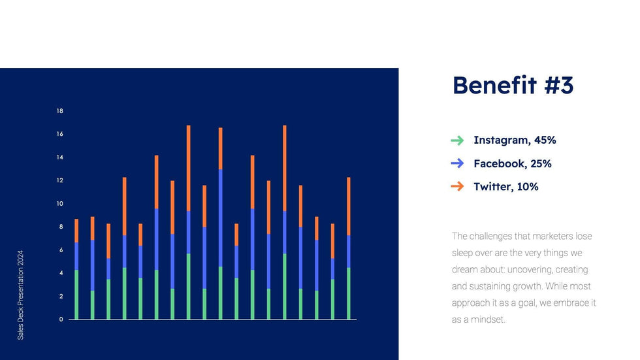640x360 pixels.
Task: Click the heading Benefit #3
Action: click(x=513, y=86)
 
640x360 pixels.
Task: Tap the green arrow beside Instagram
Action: click(x=457, y=140)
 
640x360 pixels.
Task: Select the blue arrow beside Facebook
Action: click(x=457, y=163)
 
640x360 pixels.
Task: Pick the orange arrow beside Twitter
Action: click(x=457, y=186)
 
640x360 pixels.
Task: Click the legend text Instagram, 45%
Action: click(x=515, y=140)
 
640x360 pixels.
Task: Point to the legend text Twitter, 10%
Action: click(x=505, y=187)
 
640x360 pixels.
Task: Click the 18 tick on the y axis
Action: click(x=60, y=111)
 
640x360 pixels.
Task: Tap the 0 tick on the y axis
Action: click(x=61, y=319)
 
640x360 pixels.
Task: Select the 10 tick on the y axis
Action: click(x=60, y=204)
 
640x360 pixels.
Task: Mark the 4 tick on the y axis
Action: click(x=61, y=273)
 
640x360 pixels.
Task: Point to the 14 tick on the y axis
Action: click(x=60, y=157)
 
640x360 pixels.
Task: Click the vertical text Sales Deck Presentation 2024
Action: click(x=20, y=295)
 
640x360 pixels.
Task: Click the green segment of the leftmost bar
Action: click(x=76, y=295)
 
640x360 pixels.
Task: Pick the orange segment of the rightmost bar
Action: click(x=349, y=206)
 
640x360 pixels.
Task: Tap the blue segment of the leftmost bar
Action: click(x=76, y=256)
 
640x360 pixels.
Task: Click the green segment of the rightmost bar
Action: click(x=349, y=293)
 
